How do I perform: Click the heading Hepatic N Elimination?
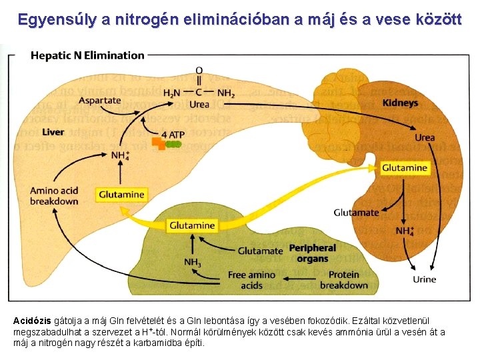(x=87, y=55)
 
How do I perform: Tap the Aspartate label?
(x=99, y=101)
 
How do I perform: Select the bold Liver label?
(x=53, y=132)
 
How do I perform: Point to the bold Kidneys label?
(x=400, y=103)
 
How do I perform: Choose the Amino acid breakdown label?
(x=54, y=196)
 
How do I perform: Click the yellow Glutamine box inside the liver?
(x=121, y=195)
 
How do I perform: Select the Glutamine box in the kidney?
(x=405, y=168)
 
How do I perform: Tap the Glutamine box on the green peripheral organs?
(x=192, y=225)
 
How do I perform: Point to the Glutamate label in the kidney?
(x=356, y=213)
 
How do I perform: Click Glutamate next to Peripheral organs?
(x=261, y=251)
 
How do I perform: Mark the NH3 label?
(x=193, y=262)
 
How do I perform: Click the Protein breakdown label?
(x=343, y=280)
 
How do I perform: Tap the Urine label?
(x=424, y=279)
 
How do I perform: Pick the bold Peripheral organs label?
(x=312, y=253)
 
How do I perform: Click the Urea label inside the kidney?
(x=425, y=137)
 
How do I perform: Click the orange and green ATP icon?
(x=167, y=143)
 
